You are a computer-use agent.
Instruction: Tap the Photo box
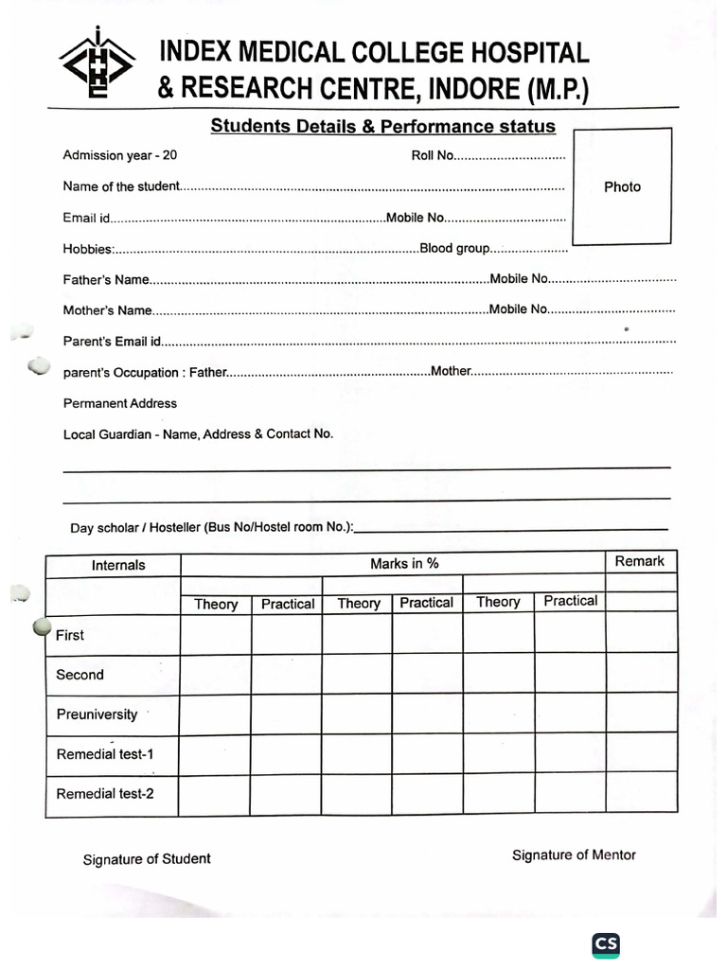pos(622,186)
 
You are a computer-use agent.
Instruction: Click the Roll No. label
pos(433,155)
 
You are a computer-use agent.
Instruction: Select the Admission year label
pos(119,155)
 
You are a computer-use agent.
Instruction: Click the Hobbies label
pos(88,250)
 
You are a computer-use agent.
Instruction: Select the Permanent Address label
pos(120,403)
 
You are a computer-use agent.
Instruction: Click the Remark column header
pos(640,561)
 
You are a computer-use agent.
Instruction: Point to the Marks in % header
pos(404,564)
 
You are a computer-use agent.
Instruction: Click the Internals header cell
pos(118,565)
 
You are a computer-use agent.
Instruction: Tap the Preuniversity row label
pos(97,714)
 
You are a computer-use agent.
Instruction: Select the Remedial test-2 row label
pos(104,794)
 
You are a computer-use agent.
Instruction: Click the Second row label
pos(80,675)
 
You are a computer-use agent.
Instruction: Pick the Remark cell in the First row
pos(641,632)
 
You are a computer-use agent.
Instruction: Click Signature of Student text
pos(147,859)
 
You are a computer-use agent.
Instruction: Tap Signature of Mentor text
pos(574,855)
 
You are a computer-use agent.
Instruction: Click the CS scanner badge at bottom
pos(606,944)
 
